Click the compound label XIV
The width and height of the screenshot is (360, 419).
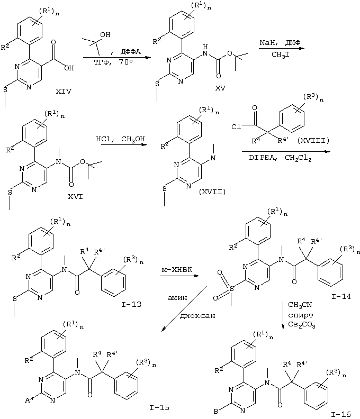click(64, 92)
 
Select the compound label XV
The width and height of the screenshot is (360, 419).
click(220, 88)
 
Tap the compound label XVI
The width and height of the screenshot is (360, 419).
click(75, 197)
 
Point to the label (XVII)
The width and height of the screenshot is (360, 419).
click(212, 192)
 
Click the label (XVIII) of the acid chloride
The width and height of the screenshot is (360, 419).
click(313, 140)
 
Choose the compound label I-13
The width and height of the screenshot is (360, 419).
click(131, 304)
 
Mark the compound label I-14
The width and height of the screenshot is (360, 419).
click(341, 296)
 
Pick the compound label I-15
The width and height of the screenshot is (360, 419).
click(159, 407)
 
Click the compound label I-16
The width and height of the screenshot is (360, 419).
click(341, 414)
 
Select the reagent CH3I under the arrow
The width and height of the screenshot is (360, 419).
click(281, 54)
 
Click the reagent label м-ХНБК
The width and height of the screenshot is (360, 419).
click(177, 270)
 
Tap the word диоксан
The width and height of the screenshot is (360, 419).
click(197, 316)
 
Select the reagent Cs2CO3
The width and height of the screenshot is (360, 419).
click(301, 325)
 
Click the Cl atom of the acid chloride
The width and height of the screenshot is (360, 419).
click(236, 126)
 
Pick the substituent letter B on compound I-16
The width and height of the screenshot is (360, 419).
click(216, 412)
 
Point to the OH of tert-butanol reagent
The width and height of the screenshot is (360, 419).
click(105, 35)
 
